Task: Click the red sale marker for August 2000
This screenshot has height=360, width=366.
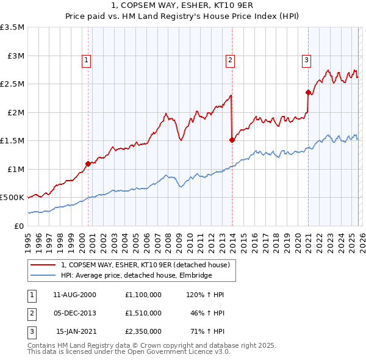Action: [x=88, y=164]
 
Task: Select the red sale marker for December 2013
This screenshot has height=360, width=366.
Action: [x=232, y=140]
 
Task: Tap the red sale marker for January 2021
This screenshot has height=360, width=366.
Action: [x=309, y=92]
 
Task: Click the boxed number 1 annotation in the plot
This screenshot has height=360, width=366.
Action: [x=87, y=60]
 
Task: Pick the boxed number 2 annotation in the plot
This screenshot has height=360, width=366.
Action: [x=230, y=60]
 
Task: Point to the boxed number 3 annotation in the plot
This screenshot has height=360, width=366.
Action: [x=306, y=60]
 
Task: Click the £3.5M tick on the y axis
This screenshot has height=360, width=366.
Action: [x=13, y=27]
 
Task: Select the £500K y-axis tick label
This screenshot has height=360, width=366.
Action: [x=13, y=198]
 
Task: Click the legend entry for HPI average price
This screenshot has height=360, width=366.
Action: [x=136, y=275]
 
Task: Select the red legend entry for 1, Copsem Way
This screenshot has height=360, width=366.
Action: [x=145, y=265]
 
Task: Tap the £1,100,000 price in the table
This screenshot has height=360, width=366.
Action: [x=142, y=295]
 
